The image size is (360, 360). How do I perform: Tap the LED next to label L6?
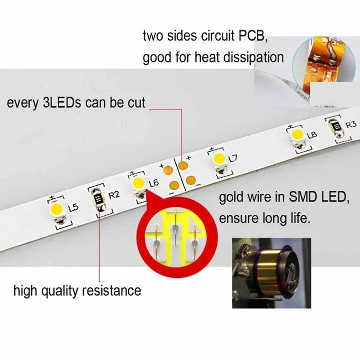click(x=139, y=183)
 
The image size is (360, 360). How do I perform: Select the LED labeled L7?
click(x=219, y=159)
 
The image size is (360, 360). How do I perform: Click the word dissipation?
click(x=255, y=57)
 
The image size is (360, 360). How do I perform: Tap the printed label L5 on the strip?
click(x=73, y=207)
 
